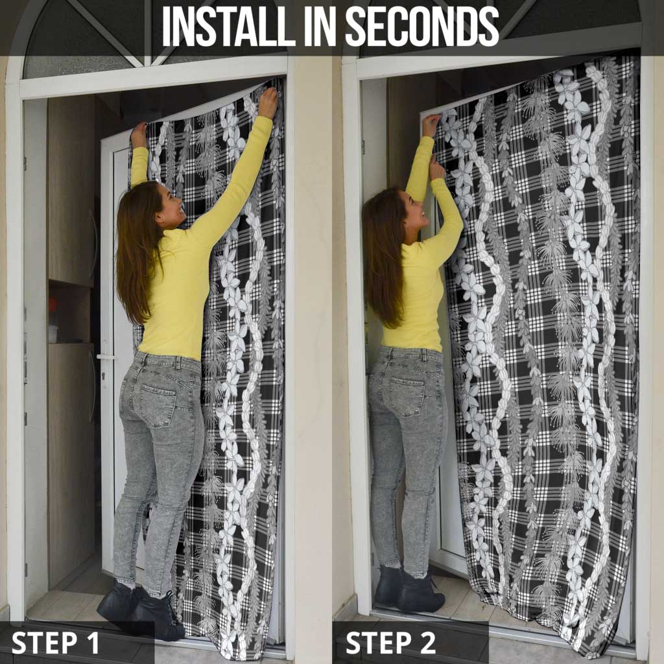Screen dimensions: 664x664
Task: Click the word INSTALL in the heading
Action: pos(229,26)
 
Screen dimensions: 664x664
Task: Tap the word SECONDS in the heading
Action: pos(423,26)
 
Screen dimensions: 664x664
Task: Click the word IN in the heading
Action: pos(320,26)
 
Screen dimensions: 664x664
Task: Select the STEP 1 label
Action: pos(56,643)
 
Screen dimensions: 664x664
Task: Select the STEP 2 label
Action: pos(390,643)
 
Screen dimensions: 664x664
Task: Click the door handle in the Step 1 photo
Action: pos(104,357)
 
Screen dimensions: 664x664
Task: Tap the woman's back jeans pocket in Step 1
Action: pos(158,405)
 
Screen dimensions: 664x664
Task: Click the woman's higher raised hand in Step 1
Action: pos(268,102)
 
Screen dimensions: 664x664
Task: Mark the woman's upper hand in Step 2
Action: pos(431,125)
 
